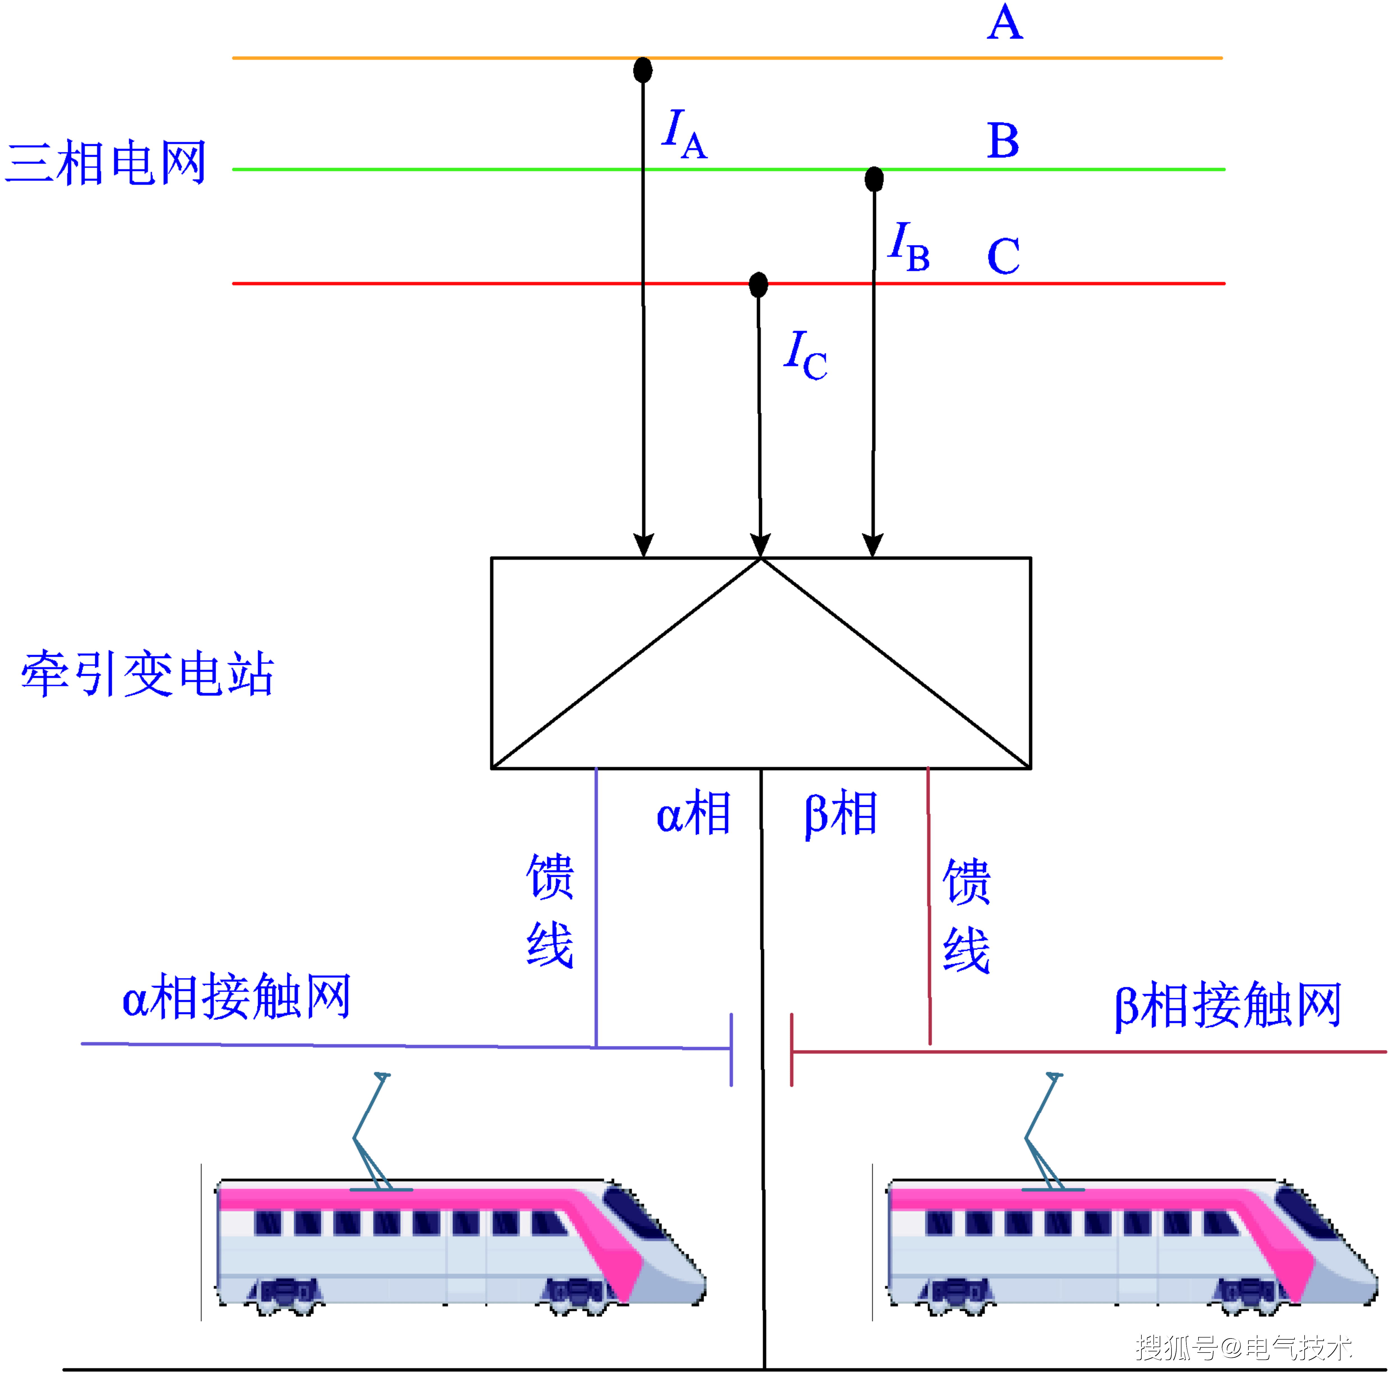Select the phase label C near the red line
point(1003,256)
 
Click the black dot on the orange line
point(643,70)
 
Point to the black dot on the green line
point(873,178)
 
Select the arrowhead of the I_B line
point(873,545)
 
